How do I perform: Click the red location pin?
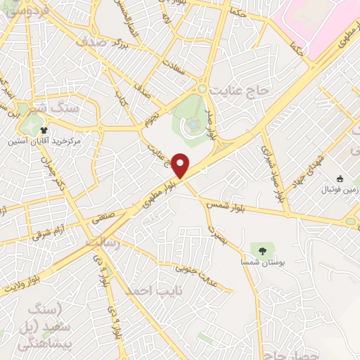(x=181, y=164)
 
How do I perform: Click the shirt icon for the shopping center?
(x=44, y=130)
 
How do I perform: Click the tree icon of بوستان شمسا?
(x=262, y=250)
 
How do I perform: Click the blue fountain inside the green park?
(x=192, y=124)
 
